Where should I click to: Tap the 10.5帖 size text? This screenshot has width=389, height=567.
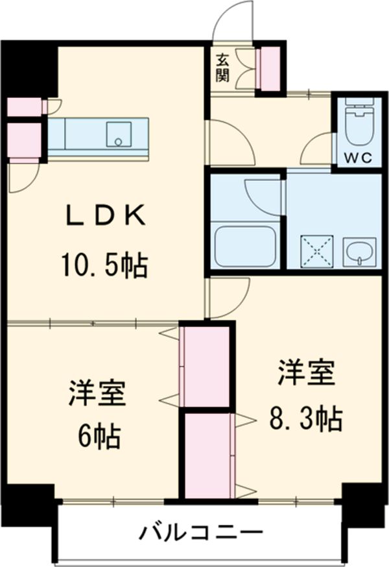pyautogui.click(x=104, y=264)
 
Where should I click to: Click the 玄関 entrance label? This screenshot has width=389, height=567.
pyautogui.click(x=222, y=66)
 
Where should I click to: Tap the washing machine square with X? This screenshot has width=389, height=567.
pyautogui.click(x=314, y=250)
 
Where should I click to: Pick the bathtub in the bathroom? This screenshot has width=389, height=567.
pyautogui.click(x=245, y=247)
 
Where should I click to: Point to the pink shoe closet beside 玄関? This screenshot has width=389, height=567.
pyautogui.click(x=267, y=68)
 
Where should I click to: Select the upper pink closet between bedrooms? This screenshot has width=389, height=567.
pyautogui.click(x=206, y=367)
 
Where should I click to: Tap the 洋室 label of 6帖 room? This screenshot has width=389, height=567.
pyautogui.click(x=98, y=392)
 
